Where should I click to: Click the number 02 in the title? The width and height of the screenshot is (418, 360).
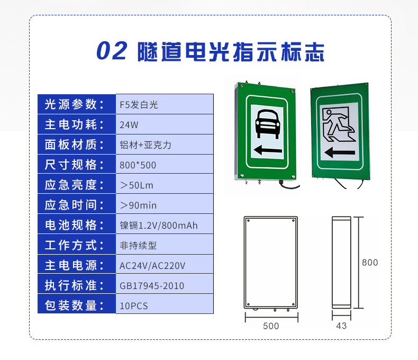pos(112,51)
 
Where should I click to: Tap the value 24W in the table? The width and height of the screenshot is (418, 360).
pos(129,125)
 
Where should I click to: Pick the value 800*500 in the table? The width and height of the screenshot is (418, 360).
pos(138,165)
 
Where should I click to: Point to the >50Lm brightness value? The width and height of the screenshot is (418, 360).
pos(137,185)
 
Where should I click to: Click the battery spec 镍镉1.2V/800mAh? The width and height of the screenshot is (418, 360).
pos(159,226)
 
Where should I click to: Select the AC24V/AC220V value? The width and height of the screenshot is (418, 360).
pos(152,266)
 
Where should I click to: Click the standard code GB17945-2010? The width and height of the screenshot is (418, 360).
pos(152,285)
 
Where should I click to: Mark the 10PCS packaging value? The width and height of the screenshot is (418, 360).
pos(133,305)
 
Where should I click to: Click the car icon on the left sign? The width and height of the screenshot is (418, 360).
pos(267,124)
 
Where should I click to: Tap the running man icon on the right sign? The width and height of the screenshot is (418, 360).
pos(339,124)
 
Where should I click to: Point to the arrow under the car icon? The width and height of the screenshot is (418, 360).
pos(268,150)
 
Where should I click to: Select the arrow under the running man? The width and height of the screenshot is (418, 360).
pos(340,152)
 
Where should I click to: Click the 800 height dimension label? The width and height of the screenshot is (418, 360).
pos(370,263)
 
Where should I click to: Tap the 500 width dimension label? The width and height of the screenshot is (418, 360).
pos(271,326)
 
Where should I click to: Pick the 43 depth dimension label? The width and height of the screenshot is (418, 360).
pos(341,326)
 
